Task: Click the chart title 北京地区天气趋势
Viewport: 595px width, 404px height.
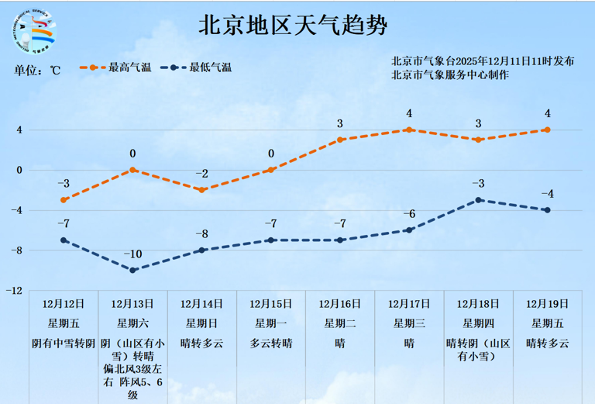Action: [293, 25]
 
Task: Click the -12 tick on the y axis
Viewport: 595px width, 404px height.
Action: [14, 291]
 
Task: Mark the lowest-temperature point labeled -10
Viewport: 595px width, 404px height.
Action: [132, 270]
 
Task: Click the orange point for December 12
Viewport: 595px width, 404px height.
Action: [64, 200]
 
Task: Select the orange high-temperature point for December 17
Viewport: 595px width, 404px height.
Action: [409, 129]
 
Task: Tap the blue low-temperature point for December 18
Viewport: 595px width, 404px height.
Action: [479, 200]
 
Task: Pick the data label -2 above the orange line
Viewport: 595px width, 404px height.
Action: [201, 174]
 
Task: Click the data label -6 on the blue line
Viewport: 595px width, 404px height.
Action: [409, 214]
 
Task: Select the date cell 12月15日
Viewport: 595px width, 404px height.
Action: [271, 304]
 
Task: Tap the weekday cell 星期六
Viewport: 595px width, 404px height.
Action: [132, 323]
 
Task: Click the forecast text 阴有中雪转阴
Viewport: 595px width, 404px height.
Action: [64, 343]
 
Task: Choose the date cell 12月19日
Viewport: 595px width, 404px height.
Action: [547, 304]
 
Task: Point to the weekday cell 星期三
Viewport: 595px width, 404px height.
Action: [409, 323]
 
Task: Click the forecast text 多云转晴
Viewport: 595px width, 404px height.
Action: [271, 343]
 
